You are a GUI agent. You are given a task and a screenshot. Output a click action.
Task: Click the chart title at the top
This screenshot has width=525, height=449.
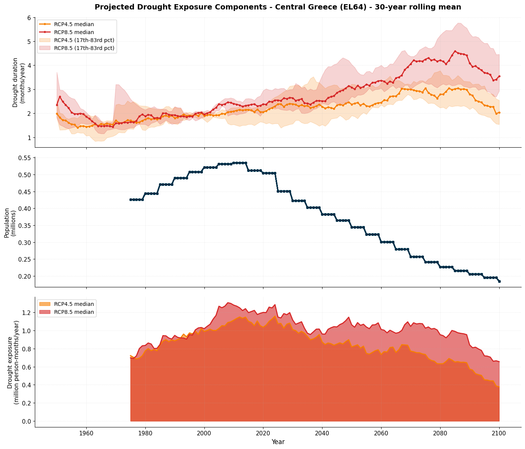coord(277,7)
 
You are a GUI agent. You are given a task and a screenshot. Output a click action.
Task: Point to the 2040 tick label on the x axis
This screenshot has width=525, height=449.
coord(322,433)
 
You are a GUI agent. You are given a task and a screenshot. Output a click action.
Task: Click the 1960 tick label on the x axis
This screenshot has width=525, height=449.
coord(86,433)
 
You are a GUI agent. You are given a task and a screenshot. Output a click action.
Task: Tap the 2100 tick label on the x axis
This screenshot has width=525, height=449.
coord(499,433)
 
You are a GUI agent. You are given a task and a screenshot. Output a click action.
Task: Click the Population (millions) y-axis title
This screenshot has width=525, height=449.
coord(10,223)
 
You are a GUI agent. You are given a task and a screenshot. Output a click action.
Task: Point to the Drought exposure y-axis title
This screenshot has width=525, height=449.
coord(13,362)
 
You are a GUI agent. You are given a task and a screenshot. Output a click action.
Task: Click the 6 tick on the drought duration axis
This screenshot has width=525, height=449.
coord(29,18)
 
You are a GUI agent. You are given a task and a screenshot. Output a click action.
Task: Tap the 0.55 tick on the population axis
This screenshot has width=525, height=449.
coord(24,158)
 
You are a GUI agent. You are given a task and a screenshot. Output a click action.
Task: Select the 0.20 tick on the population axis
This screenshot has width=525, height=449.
coord(24,276)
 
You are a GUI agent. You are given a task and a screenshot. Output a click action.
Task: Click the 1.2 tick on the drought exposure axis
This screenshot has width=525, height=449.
coord(26,313)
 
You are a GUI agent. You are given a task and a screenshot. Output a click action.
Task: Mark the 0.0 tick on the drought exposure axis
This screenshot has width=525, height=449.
coord(26,421)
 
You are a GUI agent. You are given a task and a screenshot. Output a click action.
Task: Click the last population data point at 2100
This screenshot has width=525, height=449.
coord(499,281)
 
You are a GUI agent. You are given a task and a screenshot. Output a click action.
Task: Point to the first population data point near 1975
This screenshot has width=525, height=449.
coord(131,200)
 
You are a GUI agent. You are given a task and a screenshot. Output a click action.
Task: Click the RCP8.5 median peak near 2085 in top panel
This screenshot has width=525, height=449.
coord(455,51)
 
